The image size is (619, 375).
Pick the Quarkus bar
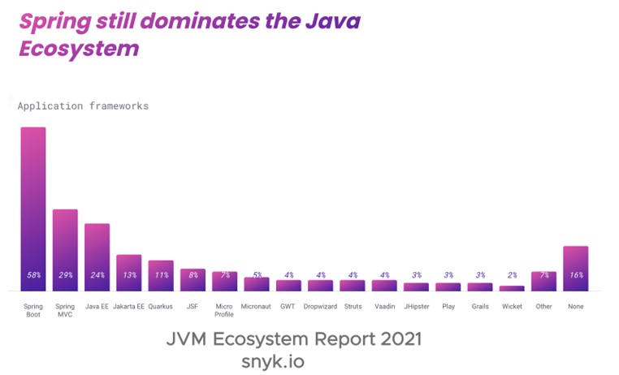pyautogui.click(x=161, y=275)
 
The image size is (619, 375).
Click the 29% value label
pyautogui.click(x=65, y=275)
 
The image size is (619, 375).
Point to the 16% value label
pyautogui.click(x=575, y=275)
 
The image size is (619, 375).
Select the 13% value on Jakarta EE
pyautogui.click(x=128, y=275)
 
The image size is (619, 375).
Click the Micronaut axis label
pyautogui.click(x=256, y=307)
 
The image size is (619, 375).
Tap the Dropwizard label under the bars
pyautogui.click(x=320, y=307)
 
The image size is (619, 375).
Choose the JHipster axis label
pyautogui.click(x=416, y=307)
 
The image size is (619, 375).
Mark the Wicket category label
pyautogui.click(x=512, y=307)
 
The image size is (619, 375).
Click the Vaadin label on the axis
pyautogui.click(x=384, y=307)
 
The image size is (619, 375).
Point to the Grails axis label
pyautogui.click(x=479, y=307)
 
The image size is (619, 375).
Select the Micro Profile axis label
pyautogui.click(x=224, y=310)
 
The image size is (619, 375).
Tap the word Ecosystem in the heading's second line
pyautogui.click(x=79, y=49)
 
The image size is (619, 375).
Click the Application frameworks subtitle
pyautogui.click(x=83, y=106)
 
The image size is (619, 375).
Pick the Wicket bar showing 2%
pyautogui.click(x=512, y=287)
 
